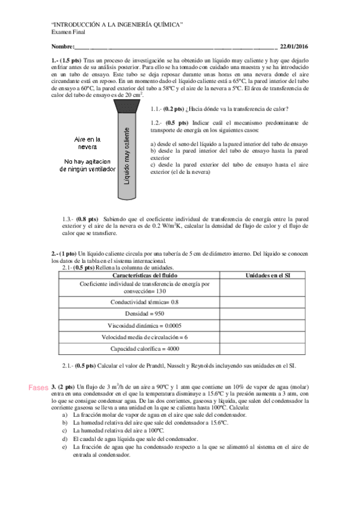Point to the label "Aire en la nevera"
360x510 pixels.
[88, 143]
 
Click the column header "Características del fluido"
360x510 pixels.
[144, 275]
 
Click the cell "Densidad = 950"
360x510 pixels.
[144, 314]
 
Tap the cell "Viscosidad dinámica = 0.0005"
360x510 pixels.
[144, 325]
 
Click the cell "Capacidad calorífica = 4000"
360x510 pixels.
[144, 349]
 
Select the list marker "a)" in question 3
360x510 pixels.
[65, 415]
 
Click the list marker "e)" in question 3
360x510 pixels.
[65, 447]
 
